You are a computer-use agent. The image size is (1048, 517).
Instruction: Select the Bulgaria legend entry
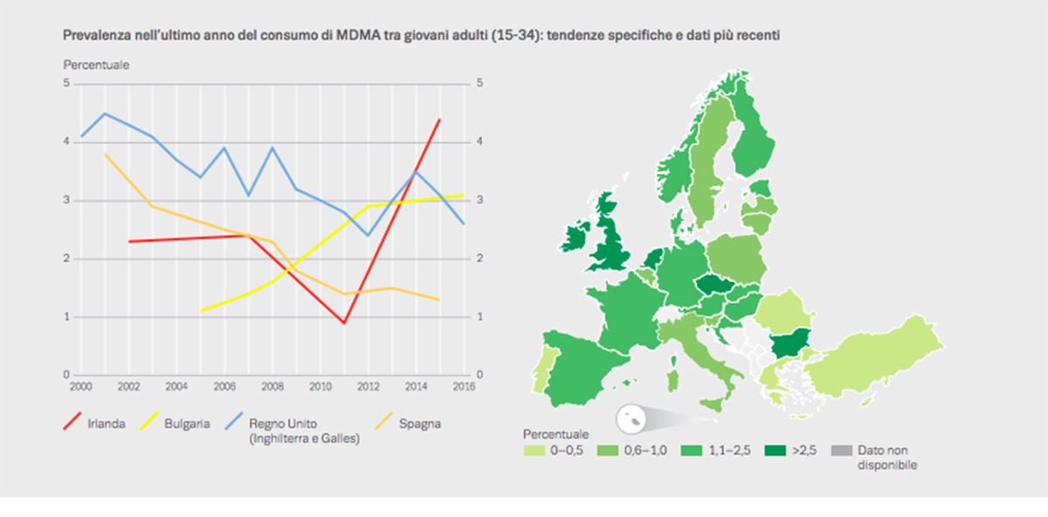click(188, 424)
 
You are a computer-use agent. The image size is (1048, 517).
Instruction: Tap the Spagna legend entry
click(419, 424)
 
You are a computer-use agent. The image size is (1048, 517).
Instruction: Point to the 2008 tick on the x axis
click(271, 384)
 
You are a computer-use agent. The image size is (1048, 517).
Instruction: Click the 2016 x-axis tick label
click(464, 384)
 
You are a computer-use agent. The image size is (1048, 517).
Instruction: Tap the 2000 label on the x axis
click(81, 384)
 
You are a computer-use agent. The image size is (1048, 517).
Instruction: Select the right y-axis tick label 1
click(478, 317)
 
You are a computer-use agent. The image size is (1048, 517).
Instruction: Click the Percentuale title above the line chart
click(96, 65)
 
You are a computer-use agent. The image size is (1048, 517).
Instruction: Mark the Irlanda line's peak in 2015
click(439, 119)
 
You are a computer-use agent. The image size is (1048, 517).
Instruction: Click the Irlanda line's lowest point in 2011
click(344, 323)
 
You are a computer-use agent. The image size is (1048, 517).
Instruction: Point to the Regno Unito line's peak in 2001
click(105, 113)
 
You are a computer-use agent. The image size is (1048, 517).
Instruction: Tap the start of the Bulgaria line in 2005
click(201, 311)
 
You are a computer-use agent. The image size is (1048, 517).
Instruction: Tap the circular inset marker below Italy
click(630, 420)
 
